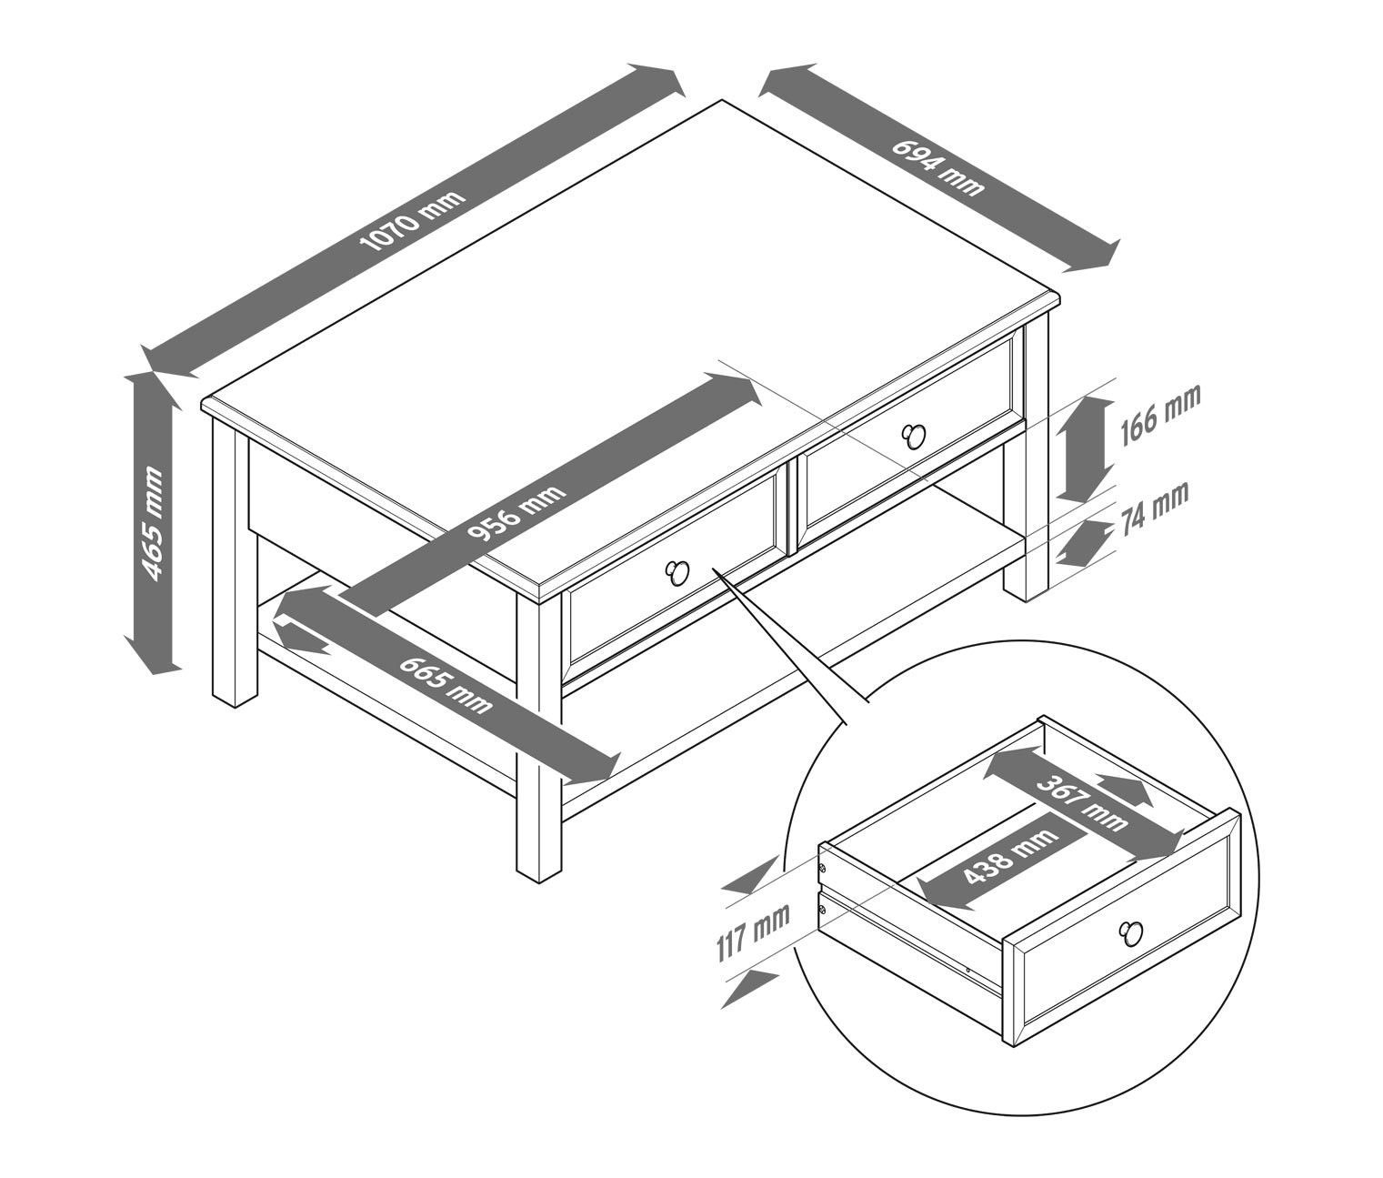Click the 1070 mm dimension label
click(412, 221)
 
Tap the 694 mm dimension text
click(937, 167)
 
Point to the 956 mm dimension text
click(516, 513)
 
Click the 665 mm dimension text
click(446, 684)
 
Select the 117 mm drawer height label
click(753, 931)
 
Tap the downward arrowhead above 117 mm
click(751, 875)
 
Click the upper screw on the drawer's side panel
click(823, 869)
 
